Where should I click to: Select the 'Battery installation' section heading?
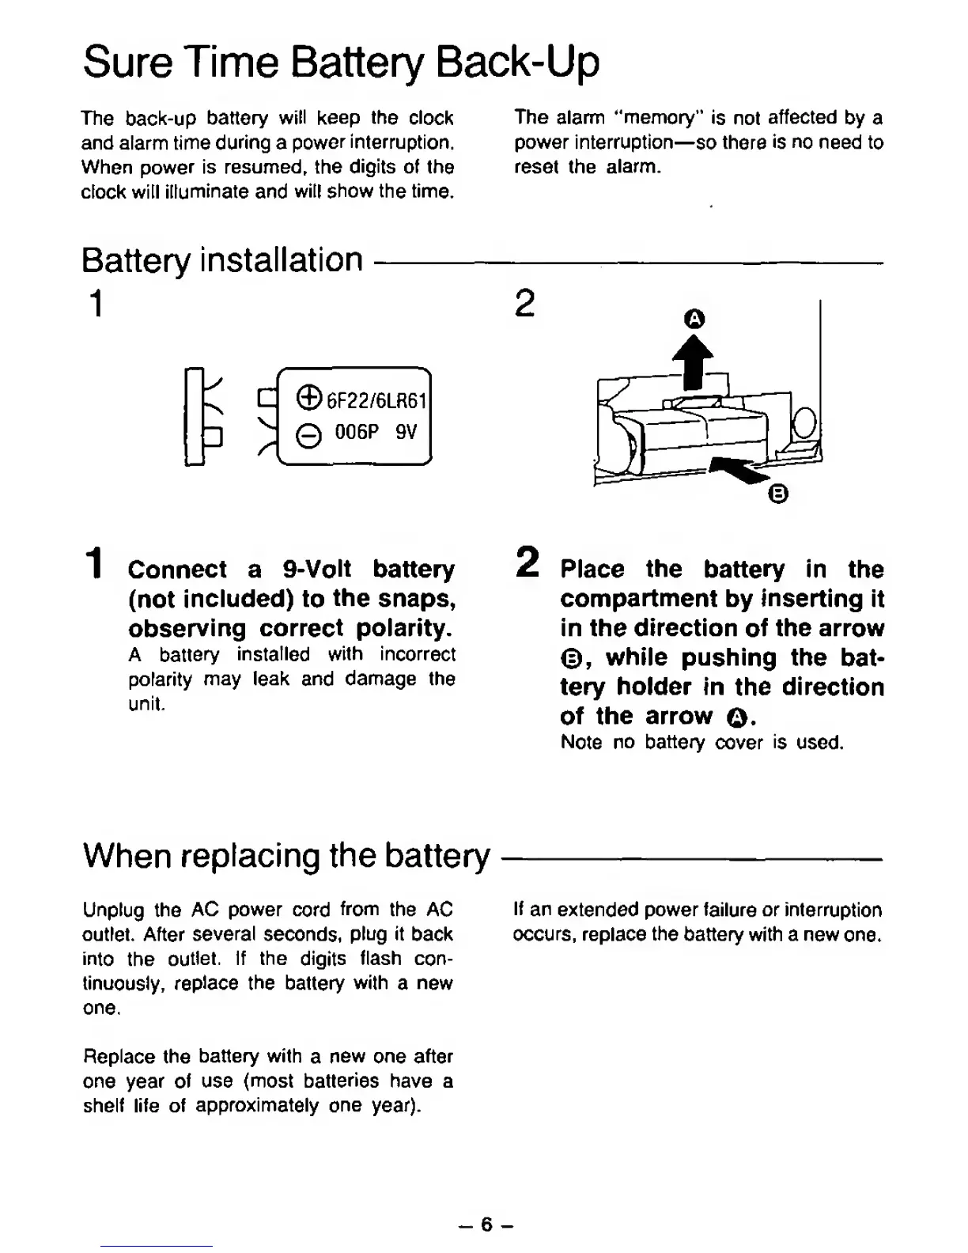[222, 259]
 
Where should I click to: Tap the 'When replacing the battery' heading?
[286, 855]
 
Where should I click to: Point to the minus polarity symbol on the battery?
[310, 436]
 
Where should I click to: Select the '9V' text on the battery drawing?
[405, 433]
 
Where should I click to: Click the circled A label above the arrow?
[694, 319]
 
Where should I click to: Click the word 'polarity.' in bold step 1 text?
[403, 628]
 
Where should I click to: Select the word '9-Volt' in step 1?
[317, 570]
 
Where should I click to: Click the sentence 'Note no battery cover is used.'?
[702, 743]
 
